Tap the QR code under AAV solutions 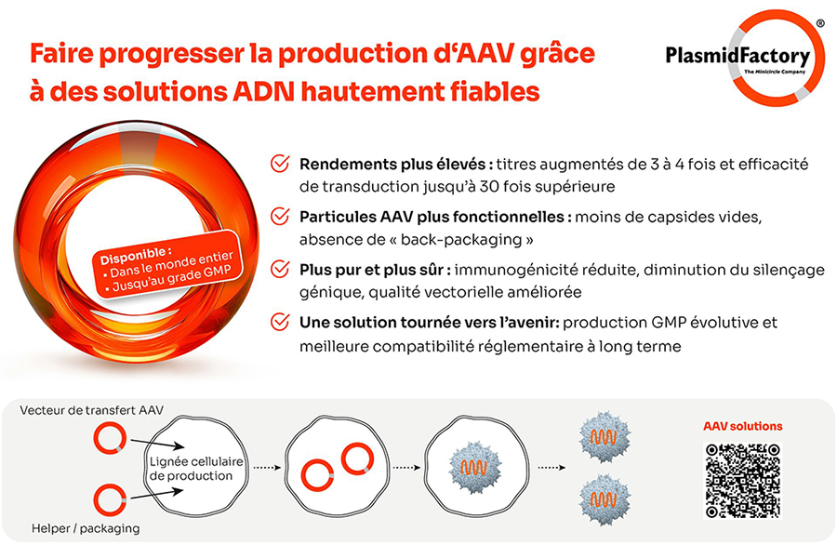click(742, 481)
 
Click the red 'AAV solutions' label click(742, 426)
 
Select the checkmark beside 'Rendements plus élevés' click(280, 164)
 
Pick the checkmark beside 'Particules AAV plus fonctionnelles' click(280, 217)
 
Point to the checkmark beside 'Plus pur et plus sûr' click(280, 269)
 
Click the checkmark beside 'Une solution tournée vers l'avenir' click(280, 322)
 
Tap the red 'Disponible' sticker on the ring click(167, 264)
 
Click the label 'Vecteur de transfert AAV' click(92, 410)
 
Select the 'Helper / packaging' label click(86, 528)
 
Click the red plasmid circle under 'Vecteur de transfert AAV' click(110, 438)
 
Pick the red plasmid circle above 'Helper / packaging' click(110, 500)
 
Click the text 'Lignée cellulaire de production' click(196, 469)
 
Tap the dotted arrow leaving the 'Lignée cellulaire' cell click(267, 468)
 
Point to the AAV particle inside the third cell click(474, 467)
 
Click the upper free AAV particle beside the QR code click(604, 437)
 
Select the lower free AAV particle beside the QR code click(604, 499)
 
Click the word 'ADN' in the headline click(264, 92)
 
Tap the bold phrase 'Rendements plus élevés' click(392, 164)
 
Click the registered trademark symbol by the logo click(820, 23)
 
